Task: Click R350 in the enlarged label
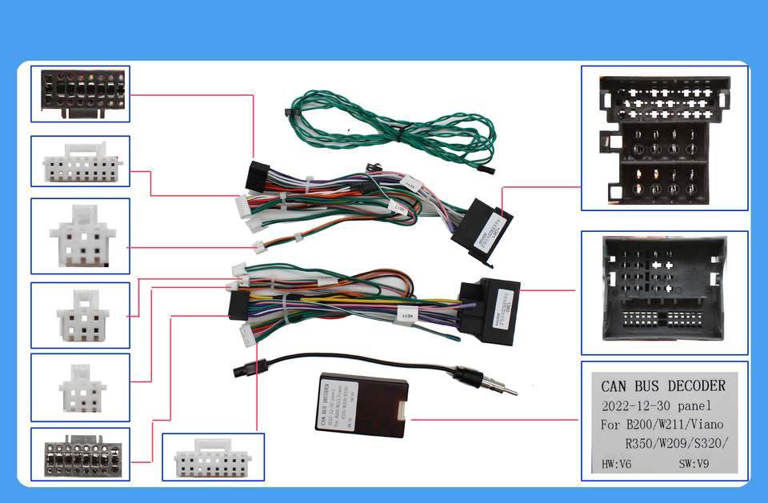(642, 444)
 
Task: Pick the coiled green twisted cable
(392, 128)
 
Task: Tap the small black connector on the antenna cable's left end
(242, 371)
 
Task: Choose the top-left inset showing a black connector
(80, 94)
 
